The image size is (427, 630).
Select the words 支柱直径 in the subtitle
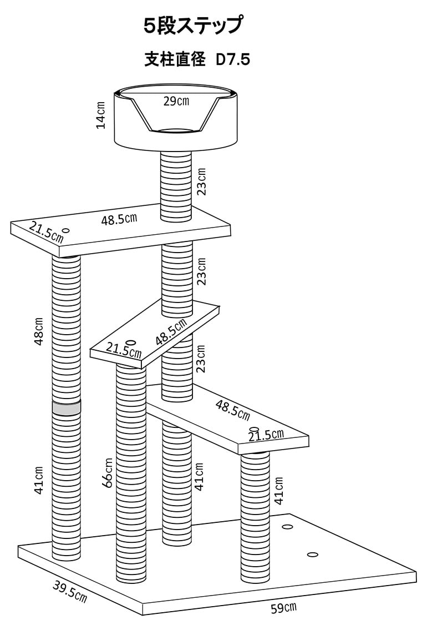tap(175, 60)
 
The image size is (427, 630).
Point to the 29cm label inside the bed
tap(176, 101)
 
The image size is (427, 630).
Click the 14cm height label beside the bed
tap(101, 115)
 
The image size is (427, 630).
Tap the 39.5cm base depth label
tap(69, 591)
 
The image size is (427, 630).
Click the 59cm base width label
tap(283, 607)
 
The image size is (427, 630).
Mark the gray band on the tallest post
tap(67, 408)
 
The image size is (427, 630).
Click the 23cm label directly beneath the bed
tap(202, 182)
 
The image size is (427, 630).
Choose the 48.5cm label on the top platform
tap(119, 219)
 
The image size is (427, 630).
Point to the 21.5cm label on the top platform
tap(46, 233)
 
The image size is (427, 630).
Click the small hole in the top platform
tap(66, 231)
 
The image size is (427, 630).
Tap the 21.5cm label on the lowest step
tap(266, 435)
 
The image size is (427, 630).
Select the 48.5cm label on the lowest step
tap(233, 410)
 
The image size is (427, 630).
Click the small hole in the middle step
tap(131, 342)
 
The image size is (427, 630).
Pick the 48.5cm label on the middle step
tap(171, 332)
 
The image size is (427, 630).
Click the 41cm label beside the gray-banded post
tap(38, 481)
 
